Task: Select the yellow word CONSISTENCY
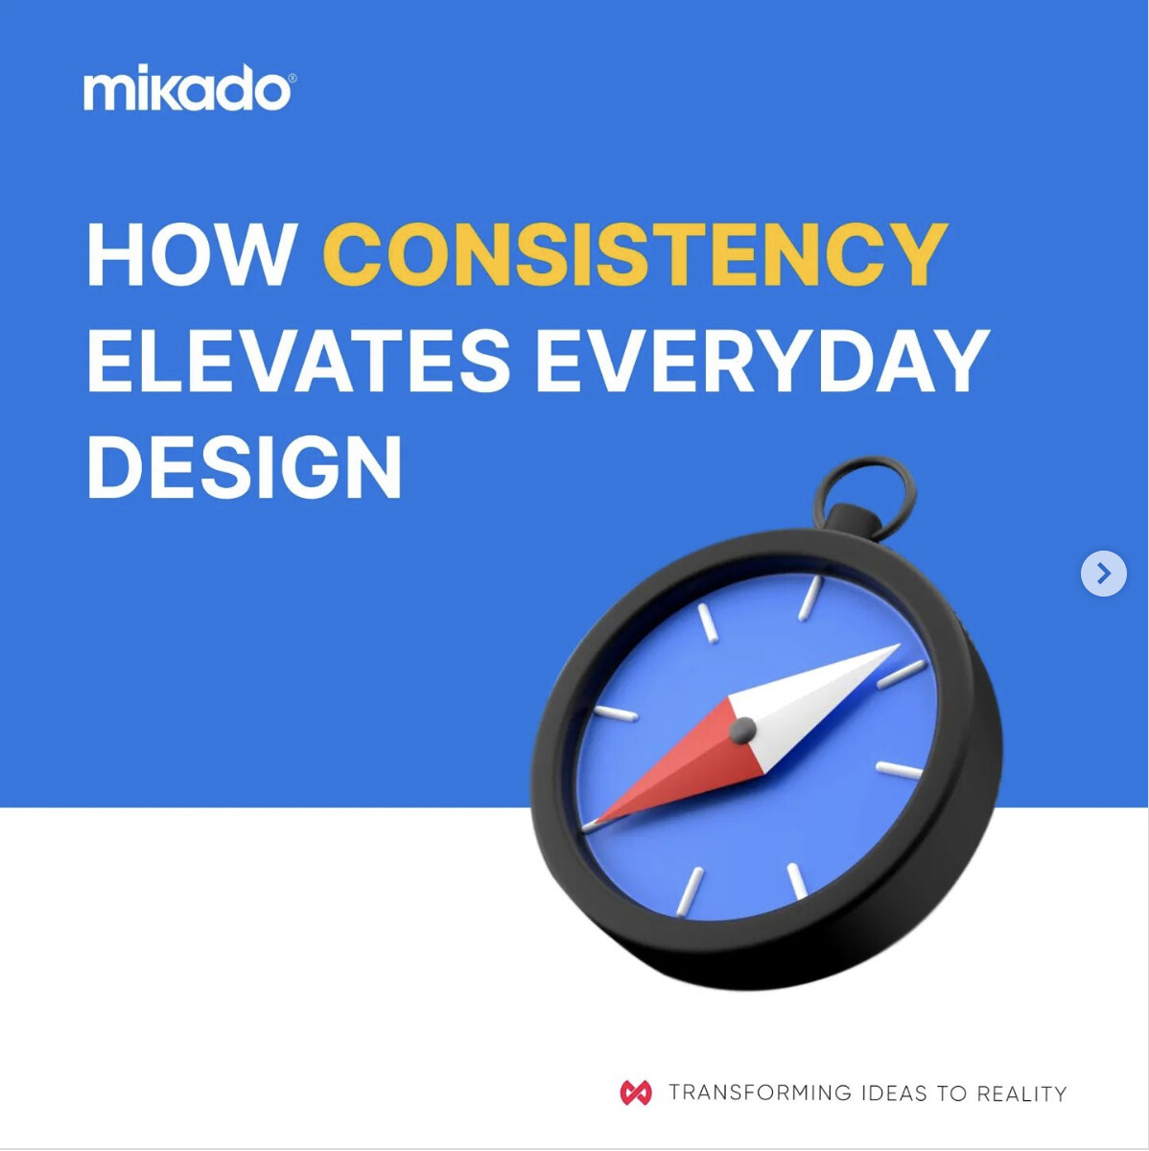635,254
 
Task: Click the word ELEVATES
298,361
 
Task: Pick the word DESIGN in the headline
245,466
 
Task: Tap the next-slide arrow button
1104,574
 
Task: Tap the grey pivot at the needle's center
742,730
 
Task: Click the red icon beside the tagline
636,1092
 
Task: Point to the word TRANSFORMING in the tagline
760,1092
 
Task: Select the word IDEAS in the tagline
894,1092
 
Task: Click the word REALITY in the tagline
1021,1092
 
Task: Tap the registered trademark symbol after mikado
293,78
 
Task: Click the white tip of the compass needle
900,646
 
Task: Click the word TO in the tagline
951,1092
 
